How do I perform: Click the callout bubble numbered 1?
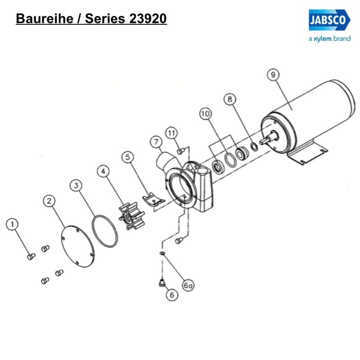(x=13, y=224)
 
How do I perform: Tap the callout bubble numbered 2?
(x=49, y=201)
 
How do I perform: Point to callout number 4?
(x=104, y=171)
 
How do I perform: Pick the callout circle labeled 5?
(x=128, y=157)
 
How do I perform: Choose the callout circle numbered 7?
(x=156, y=142)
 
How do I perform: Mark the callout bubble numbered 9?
(x=272, y=75)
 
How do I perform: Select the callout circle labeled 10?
(x=206, y=114)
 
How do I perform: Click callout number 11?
(x=171, y=133)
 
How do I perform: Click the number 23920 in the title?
(x=148, y=19)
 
